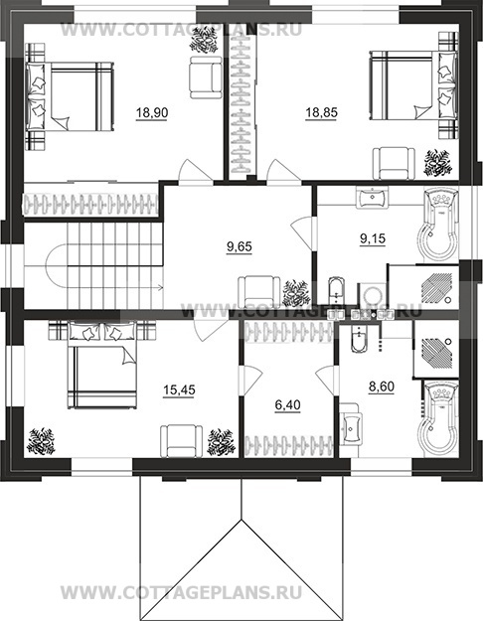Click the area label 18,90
click(x=152, y=113)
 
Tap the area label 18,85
click(x=321, y=112)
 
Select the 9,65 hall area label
click(x=239, y=246)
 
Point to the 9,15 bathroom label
click(x=373, y=238)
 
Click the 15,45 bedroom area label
click(x=179, y=390)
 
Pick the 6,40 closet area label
click(x=287, y=405)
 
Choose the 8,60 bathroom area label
click(x=382, y=387)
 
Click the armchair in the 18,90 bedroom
click(x=206, y=78)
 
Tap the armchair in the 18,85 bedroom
click(x=394, y=164)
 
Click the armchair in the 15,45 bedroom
click(x=182, y=441)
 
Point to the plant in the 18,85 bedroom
click(x=438, y=162)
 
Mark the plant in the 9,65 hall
click(x=296, y=293)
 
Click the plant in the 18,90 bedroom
click(x=204, y=40)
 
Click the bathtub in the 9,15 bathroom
click(x=441, y=225)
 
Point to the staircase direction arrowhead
click(x=160, y=287)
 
